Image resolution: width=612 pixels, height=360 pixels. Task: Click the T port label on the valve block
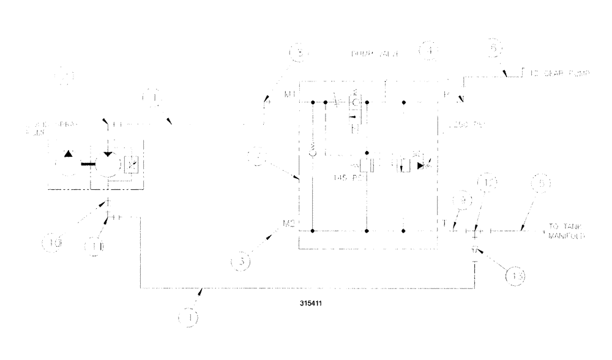coord(444,223)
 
